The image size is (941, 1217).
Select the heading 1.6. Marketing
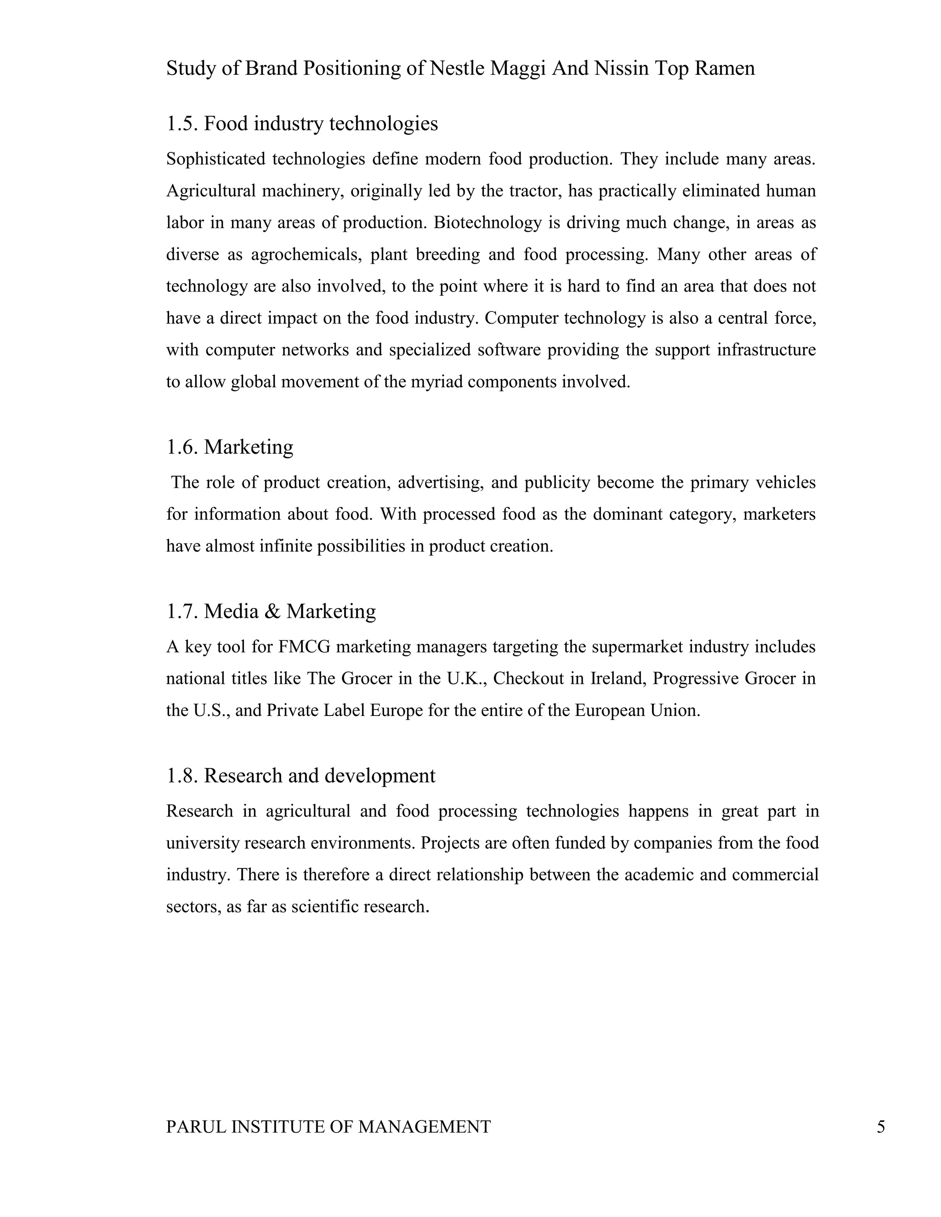pyautogui.click(x=229, y=447)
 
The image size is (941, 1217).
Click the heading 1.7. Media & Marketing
pyautogui.click(x=271, y=611)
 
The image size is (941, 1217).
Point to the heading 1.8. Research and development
pyautogui.click(x=300, y=776)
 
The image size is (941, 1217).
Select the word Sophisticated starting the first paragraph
pyautogui.click(x=215, y=159)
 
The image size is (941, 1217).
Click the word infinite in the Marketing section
pyautogui.click(x=285, y=546)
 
